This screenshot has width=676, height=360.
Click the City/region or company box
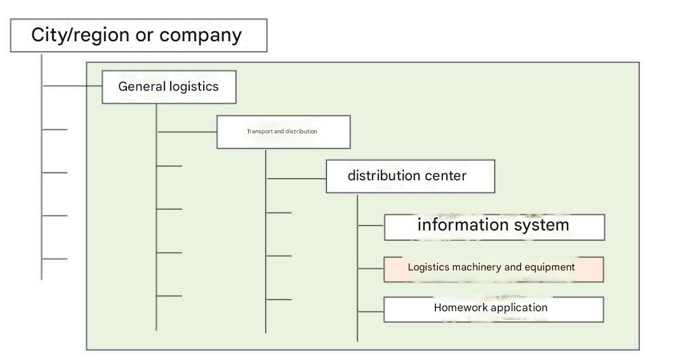tap(138, 36)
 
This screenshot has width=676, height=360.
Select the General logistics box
tap(169, 87)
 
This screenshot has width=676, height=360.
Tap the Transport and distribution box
tap(283, 132)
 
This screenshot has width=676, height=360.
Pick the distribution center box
tap(410, 176)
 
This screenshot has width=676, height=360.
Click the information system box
tap(494, 227)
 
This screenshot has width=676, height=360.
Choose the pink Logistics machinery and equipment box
tap(493, 269)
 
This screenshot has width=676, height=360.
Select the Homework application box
tap(493, 309)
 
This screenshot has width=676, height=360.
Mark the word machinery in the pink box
tap(476, 267)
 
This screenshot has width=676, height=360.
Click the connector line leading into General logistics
tap(72, 86)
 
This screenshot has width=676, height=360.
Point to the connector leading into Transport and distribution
tap(187, 132)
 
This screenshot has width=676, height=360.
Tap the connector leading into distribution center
tap(296, 178)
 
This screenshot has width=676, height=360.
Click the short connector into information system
tap(371, 225)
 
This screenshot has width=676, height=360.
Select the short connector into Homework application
tap(371, 311)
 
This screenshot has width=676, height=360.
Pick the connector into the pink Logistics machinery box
tap(371, 269)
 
